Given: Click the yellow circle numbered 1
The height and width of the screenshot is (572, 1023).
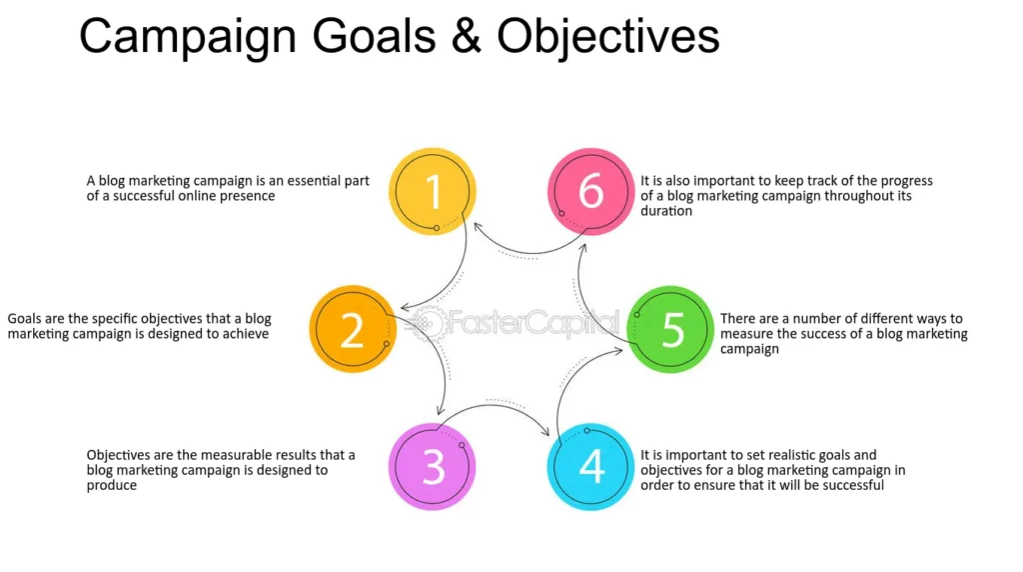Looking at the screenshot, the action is (x=433, y=191).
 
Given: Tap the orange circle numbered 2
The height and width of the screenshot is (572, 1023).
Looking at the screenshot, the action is (x=353, y=329).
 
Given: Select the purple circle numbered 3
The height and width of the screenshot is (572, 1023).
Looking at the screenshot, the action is (x=433, y=466).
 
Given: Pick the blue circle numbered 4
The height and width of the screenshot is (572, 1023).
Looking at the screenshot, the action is (x=590, y=466).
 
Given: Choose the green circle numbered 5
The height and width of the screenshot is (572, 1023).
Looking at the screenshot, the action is (x=670, y=329).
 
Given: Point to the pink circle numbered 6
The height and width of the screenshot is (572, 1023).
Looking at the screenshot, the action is (x=590, y=191).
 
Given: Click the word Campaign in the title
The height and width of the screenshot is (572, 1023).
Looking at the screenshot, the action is (x=189, y=38).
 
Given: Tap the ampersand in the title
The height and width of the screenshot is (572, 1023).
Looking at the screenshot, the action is (x=466, y=36).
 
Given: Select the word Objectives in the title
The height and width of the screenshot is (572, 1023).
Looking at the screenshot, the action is (x=608, y=38).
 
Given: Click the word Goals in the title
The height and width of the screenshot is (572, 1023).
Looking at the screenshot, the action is (x=374, y=36).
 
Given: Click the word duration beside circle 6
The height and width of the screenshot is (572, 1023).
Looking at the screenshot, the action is (x=666, y=211).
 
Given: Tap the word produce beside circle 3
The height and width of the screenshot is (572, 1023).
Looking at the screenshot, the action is (x=112, y=486).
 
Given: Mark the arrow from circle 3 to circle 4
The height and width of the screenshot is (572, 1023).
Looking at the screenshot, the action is (x=493, y=405).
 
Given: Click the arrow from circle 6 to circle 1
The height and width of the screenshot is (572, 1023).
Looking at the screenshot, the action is (x=528, y=252).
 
